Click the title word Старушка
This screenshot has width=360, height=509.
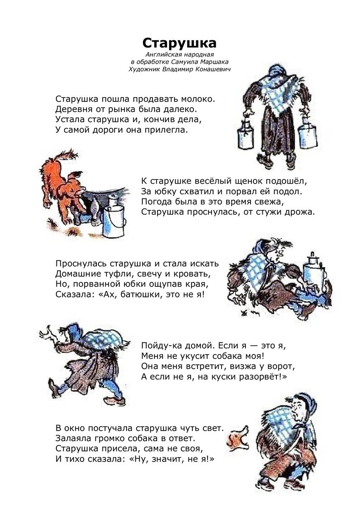point(179,44)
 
